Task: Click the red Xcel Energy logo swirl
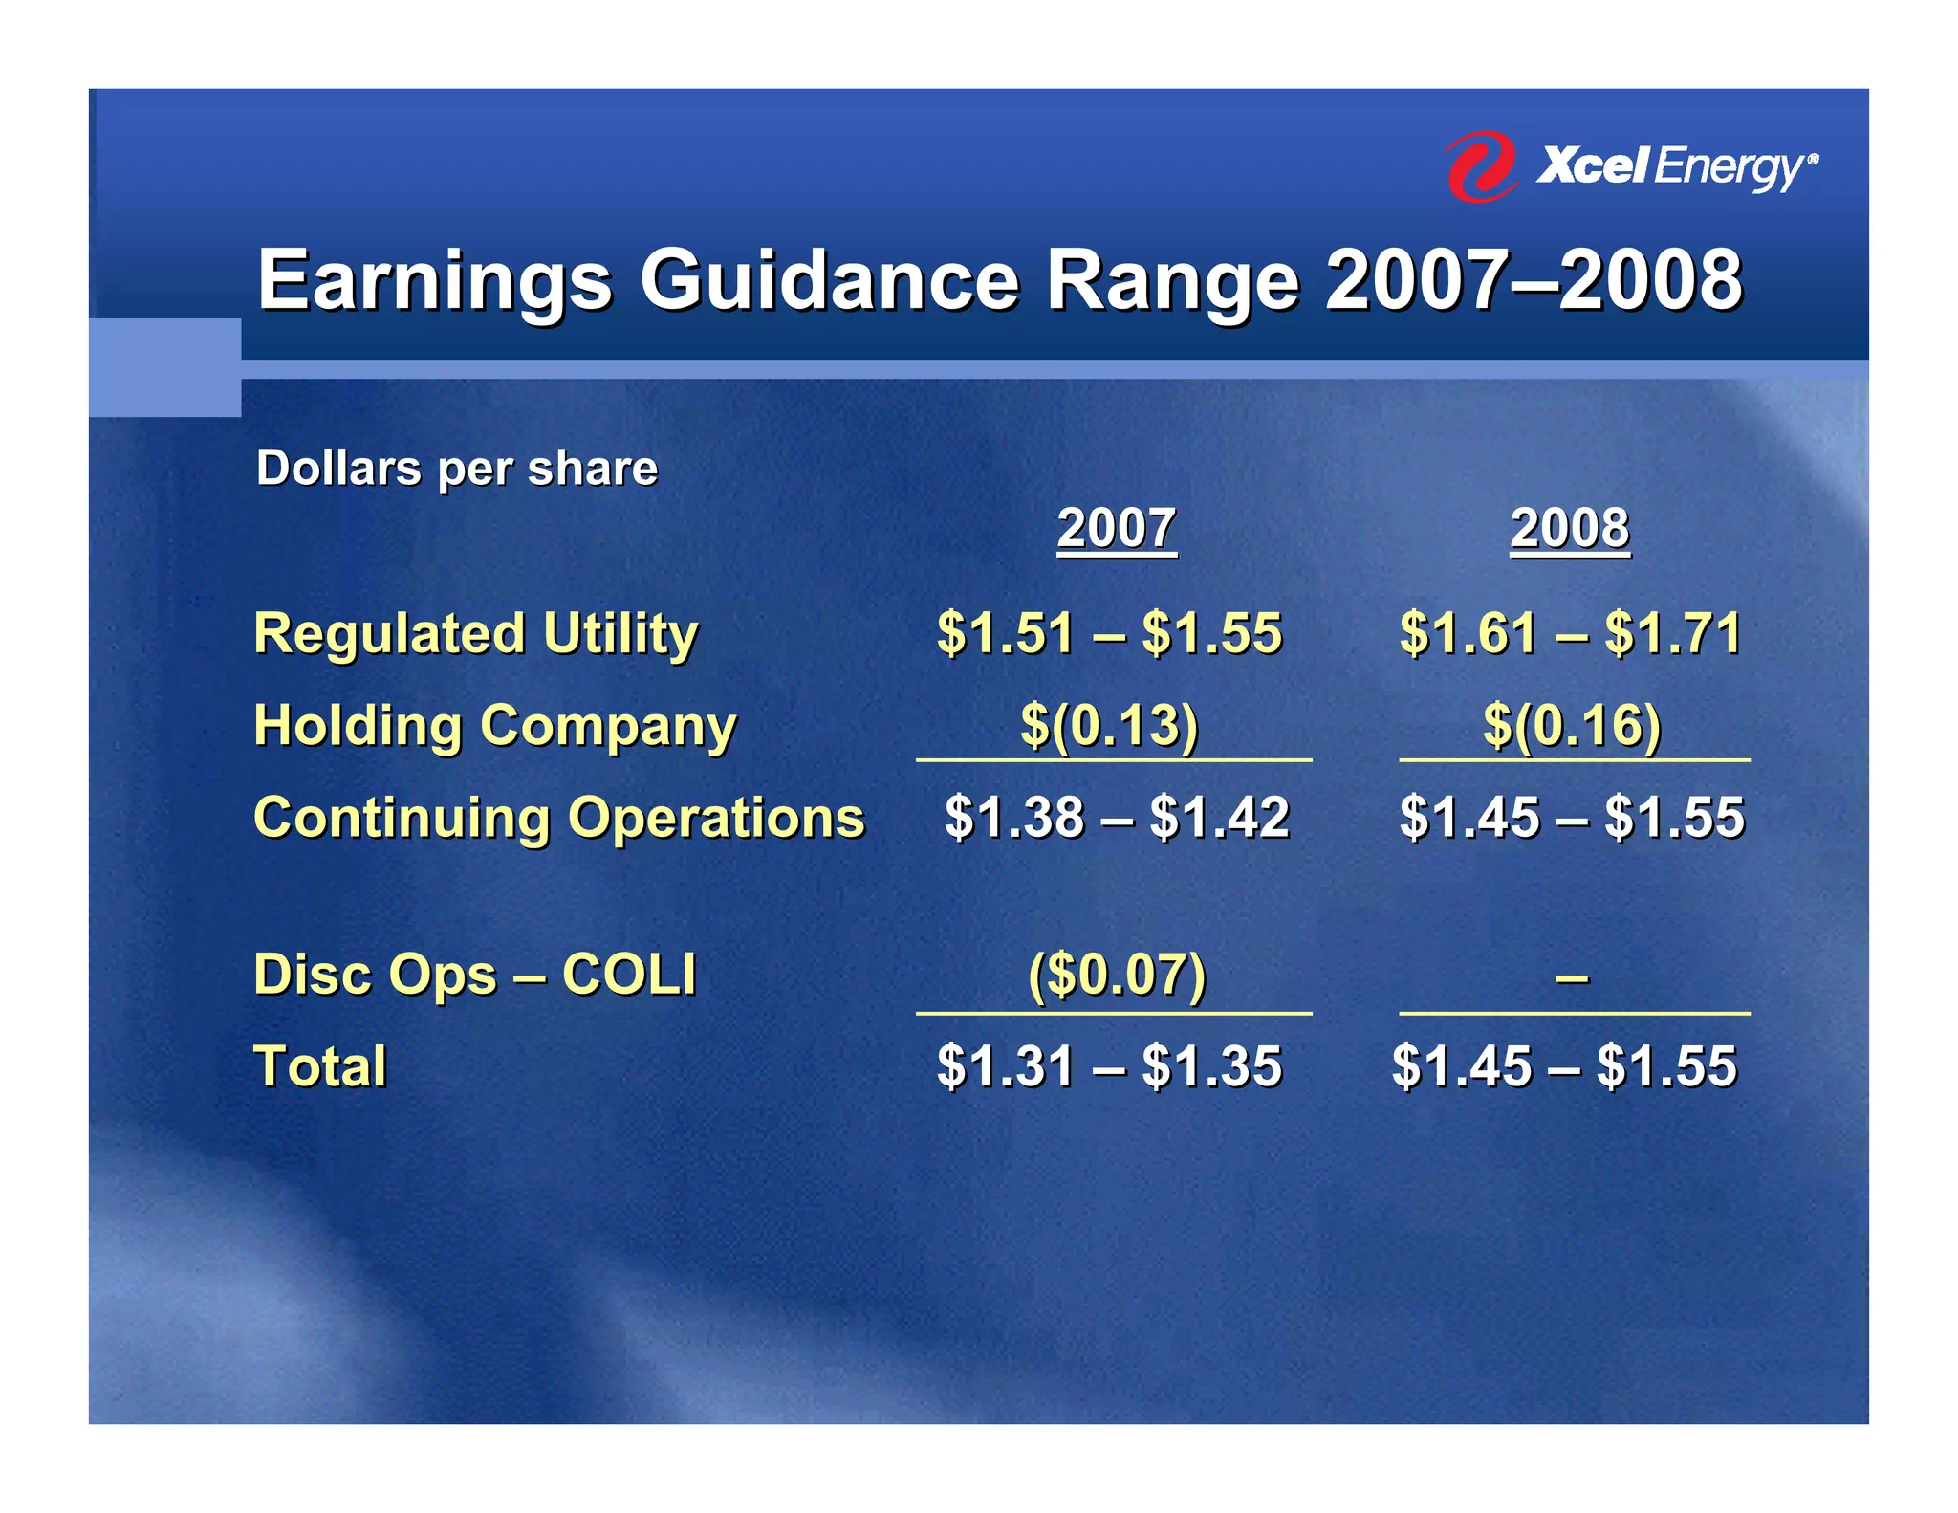click(x=1480, y=166)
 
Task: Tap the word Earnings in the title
click(x=435, y=280)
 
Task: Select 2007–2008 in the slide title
click(x=1534, y=280)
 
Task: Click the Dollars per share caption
click(x=457, y=469)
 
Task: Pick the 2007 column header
click(x=1116, y=528)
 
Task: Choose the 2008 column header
click(x=1569, y=528)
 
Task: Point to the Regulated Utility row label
click(x=476, y=633)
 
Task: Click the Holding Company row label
click(x=495, y=725)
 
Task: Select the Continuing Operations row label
click(x=559, y=818)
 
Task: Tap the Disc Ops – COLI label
click(x=475, y=975)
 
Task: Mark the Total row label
click(x=320, y=1066)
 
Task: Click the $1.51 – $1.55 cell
click(x=1109, y=633)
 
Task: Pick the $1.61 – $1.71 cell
click(x=1571, y=633)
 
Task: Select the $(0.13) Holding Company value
click(x=1109, y=725)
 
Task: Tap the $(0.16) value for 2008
click(x=1572, y=725)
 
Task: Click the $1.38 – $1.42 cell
click(x=1117, y=818)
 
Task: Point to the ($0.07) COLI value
click(x=1117, y=975)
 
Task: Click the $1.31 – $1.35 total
click(x=1109, y=1066)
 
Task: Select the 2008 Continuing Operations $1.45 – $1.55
click(x=1572, y=818)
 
